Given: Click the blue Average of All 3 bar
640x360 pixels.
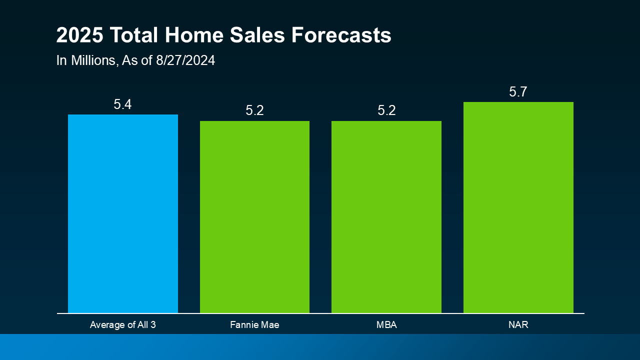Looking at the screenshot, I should (123, 214).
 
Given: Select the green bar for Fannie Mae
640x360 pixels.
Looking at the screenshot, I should (254, 217).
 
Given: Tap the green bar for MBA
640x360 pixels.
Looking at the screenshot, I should (386, 217).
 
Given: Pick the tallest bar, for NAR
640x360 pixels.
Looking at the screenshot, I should (518, 207).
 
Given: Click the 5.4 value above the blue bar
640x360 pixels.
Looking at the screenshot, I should (122, 104).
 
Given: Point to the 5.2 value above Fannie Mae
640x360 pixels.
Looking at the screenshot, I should (254, 111).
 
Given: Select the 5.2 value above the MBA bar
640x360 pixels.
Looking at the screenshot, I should (386, 111).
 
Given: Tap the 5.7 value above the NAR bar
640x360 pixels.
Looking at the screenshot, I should (518, 92).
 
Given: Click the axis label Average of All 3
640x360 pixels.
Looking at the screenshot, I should (123, 325).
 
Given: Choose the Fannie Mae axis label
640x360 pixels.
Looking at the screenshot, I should (254, 325).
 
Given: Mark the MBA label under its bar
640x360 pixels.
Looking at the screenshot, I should (386, 325).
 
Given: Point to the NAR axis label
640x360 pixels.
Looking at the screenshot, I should (518, 325).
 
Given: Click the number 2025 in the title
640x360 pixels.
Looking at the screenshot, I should (80, 36).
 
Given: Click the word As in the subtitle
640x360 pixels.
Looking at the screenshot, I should (129, 61).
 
